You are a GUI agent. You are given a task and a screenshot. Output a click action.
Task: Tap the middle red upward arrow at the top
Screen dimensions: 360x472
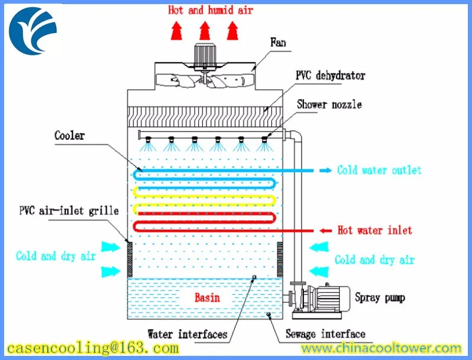click(204, 29)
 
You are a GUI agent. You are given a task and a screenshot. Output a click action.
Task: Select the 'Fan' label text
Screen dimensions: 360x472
click(279, 42)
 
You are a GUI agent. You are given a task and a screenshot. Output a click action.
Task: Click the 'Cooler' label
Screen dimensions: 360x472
click(70, 136)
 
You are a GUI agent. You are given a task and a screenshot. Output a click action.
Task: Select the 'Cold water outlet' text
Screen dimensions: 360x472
click(379, 171)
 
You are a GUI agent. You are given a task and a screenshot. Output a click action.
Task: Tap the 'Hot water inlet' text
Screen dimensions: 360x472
click(375, 230)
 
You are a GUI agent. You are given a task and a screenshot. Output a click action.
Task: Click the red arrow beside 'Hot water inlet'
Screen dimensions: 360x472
click(326, 230)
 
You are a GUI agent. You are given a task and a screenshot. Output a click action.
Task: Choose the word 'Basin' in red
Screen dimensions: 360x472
click(207, 297)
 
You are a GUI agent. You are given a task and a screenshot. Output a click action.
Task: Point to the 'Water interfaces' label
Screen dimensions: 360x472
click(187, 335)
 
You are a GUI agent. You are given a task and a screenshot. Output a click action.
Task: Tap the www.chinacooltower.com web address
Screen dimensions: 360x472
click(377, 348)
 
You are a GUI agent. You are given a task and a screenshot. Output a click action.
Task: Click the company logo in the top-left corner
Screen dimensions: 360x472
click(33, 30)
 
